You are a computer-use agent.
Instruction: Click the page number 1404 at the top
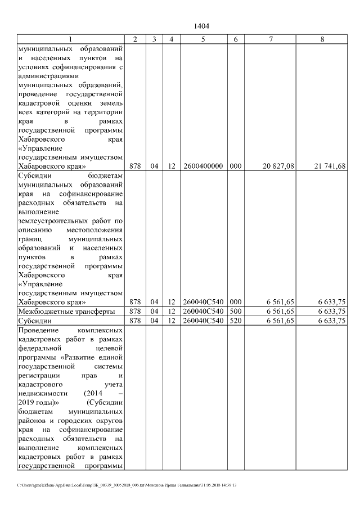click(201, 26)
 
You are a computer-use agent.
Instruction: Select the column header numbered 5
click(202, 39)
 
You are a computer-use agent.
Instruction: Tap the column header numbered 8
click(322, 39)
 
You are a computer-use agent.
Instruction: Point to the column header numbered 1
click(70, 39)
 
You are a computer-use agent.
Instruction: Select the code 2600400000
click(202, 166)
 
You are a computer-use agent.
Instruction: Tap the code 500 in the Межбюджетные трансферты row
click(236, 311)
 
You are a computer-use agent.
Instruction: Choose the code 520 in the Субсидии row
click(236, 321)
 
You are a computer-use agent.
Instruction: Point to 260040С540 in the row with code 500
click(202, 311)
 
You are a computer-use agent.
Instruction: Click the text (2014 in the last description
click(93, 394)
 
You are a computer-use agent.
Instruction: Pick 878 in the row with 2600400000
click(134, 166)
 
